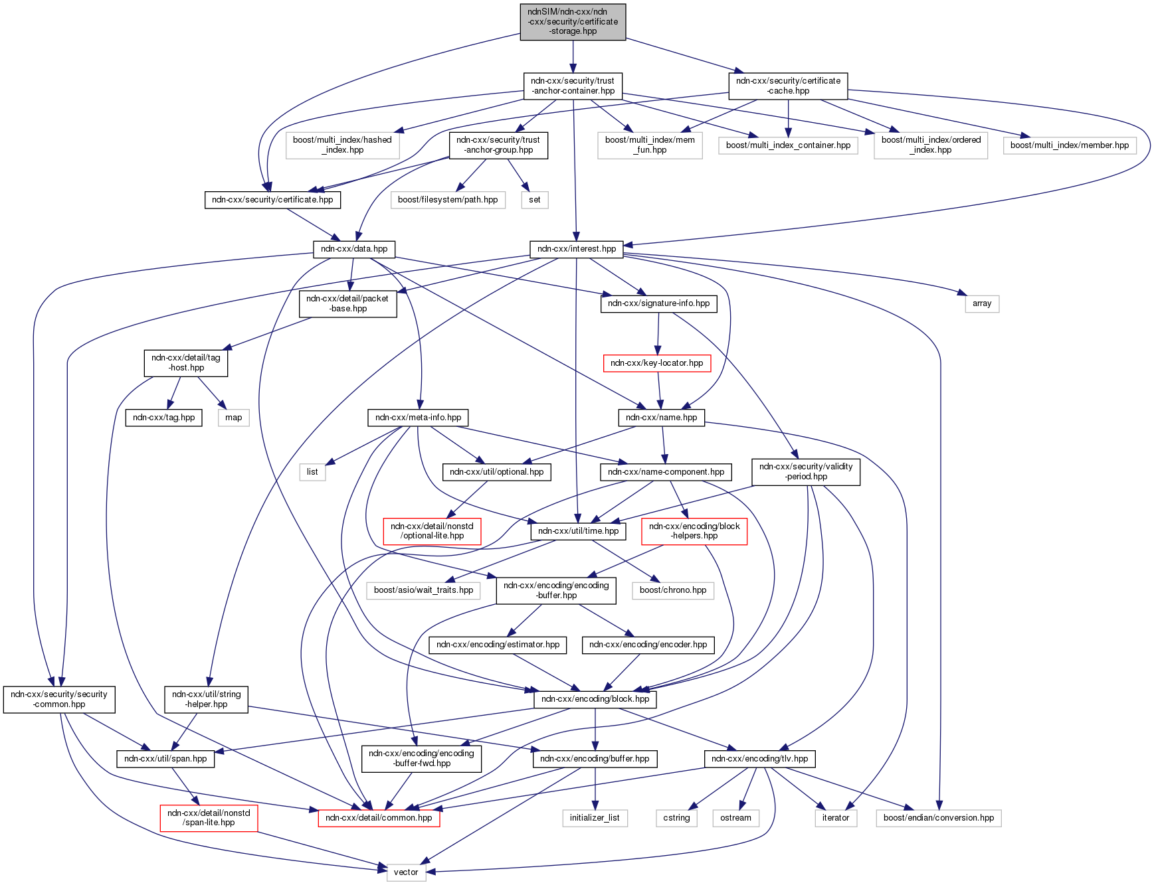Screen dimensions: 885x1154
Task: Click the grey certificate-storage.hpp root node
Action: tap(573, 22)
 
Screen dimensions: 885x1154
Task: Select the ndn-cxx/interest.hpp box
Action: tap(577, 249)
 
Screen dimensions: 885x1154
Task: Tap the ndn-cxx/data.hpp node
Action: tap(354, 249)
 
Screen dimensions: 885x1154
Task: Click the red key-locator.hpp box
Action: tap(656, 363)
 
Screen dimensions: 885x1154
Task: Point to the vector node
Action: tap(406, 872)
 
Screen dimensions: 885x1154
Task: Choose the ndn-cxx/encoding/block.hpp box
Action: tap(595, 699)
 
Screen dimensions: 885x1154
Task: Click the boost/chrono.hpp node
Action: tap(673, 590)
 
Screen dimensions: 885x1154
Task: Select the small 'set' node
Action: tap(535, 200)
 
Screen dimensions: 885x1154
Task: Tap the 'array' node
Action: tap(982, 303)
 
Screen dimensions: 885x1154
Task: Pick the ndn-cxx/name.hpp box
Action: tap(662, 418)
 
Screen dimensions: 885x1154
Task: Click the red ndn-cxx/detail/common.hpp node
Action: tap(379, 818)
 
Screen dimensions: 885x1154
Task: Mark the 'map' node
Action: tap(234, 418)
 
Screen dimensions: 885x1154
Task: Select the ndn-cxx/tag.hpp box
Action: tap(164, 418)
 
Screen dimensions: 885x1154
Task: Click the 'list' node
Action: tap(312, 472)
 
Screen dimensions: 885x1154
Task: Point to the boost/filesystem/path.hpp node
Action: tap(448, 200)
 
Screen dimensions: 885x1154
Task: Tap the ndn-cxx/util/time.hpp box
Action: tap(578, 531)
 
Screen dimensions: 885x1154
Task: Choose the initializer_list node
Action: tap(595, 818)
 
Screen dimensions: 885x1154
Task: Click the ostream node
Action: tap(735, 818)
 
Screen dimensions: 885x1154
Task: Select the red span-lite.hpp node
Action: tap(209, 818)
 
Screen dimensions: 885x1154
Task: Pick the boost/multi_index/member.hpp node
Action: tap(1070, 145)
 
